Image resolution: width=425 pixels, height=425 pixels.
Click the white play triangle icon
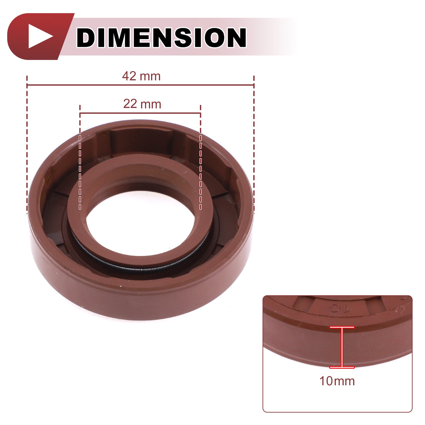coord(39,36)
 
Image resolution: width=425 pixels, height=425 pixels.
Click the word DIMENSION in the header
coord(161,37)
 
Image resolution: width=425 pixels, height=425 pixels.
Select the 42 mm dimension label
coord(141,76)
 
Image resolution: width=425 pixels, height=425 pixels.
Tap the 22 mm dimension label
coord(142,104)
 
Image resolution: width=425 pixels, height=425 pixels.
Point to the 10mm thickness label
coord(337,381)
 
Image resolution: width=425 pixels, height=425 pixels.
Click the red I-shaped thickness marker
coord(342,347)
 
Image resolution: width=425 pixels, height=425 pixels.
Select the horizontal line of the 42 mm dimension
coord(140,85)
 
